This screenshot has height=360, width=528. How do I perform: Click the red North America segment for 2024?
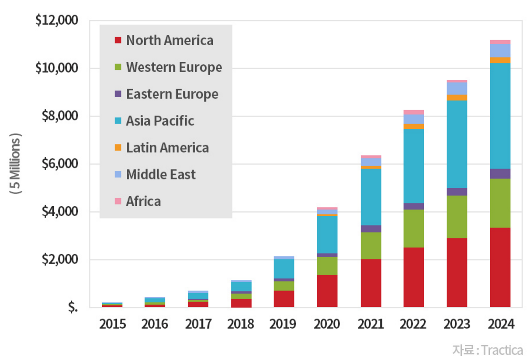coord(500,267)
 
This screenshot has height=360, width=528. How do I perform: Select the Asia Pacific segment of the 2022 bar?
coord(413,166)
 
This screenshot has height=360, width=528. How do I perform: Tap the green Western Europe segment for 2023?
coord(457,217)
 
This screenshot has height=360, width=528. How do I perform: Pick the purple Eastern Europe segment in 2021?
coord(371,229)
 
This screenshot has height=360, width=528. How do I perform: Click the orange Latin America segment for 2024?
coord(500,60)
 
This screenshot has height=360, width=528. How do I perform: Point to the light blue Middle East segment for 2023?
coord(457,89)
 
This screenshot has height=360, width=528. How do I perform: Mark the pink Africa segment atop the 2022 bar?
coord(413,112)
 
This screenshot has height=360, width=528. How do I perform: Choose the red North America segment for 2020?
coord(327,291)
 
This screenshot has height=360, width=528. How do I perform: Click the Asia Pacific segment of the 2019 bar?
coord(284,269)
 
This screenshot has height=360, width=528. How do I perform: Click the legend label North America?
coord(170,41)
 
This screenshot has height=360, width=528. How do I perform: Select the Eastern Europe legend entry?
coord(172,94)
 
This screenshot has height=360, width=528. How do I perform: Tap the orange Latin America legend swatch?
coord(118,147)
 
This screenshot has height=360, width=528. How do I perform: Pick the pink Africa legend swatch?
coord(118,201)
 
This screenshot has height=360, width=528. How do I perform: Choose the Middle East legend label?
coord(161,174)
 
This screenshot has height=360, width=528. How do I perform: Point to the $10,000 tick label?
coord(56,68)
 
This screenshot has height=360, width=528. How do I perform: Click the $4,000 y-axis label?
coord(60,211)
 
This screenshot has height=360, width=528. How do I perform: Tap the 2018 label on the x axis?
coord(241,324)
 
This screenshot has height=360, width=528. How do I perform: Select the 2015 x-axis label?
coord(112,324)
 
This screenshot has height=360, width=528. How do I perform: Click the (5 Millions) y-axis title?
coord(16,164)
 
